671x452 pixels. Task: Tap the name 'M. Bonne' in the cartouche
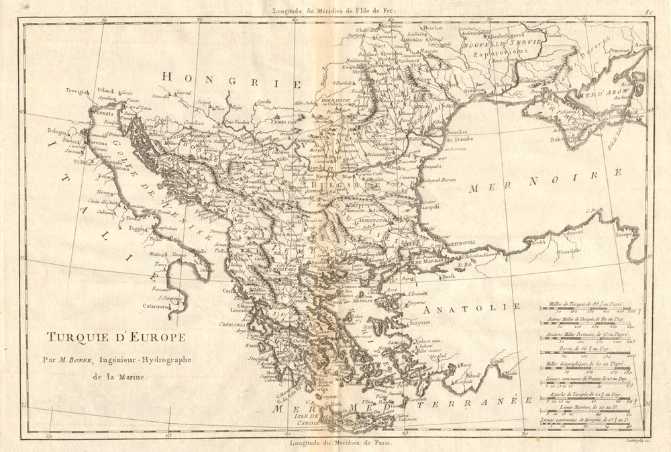(73, 360)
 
